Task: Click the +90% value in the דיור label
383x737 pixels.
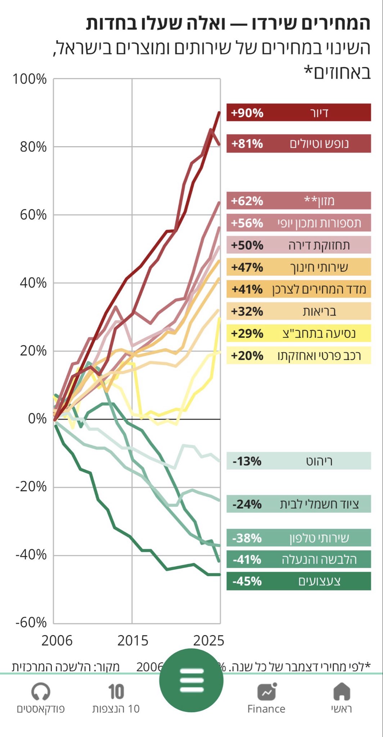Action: click(247, 113)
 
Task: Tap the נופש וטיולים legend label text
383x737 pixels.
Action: click(319, 144)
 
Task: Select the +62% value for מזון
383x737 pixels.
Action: click(247, 201)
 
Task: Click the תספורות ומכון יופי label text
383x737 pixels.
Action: click(319, 223)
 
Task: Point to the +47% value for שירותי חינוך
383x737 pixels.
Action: click(247, 267)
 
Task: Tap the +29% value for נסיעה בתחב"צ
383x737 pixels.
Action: click(247, 334)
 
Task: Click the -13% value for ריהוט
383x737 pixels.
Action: click(247, 461)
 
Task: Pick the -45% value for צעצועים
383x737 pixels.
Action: click(247, 581)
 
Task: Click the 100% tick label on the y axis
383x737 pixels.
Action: click(30, 79)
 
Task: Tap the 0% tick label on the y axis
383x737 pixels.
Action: click(37, 419)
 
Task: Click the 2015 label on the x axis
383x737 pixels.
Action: click(132, 641)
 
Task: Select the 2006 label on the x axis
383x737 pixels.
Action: click(57, 641)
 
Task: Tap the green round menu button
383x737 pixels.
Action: click(191, 680)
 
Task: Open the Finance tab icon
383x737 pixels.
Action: click(266, 691)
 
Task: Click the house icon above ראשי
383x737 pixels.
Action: click(341, 691)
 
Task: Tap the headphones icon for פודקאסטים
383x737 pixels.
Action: click(41, 691)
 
